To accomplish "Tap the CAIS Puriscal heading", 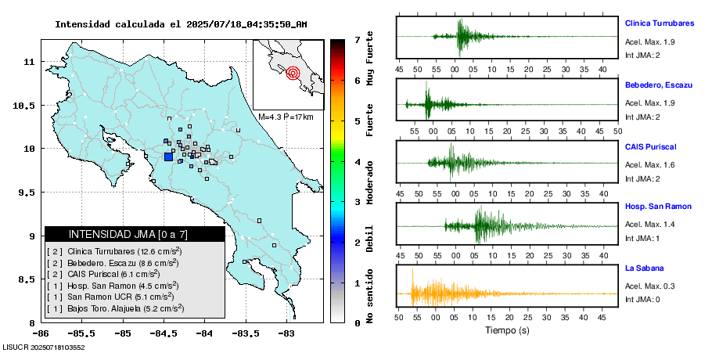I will coord(650,146).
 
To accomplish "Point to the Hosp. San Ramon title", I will coord(658,207).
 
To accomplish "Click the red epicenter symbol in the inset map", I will coord(293,74).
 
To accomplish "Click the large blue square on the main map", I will coord(168,157).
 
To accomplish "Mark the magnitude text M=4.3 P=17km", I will coord(286,117).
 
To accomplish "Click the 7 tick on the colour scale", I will coord(357,39).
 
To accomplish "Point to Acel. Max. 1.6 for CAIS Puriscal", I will coord(649,164).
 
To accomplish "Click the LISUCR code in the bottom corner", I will coord(44,347).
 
